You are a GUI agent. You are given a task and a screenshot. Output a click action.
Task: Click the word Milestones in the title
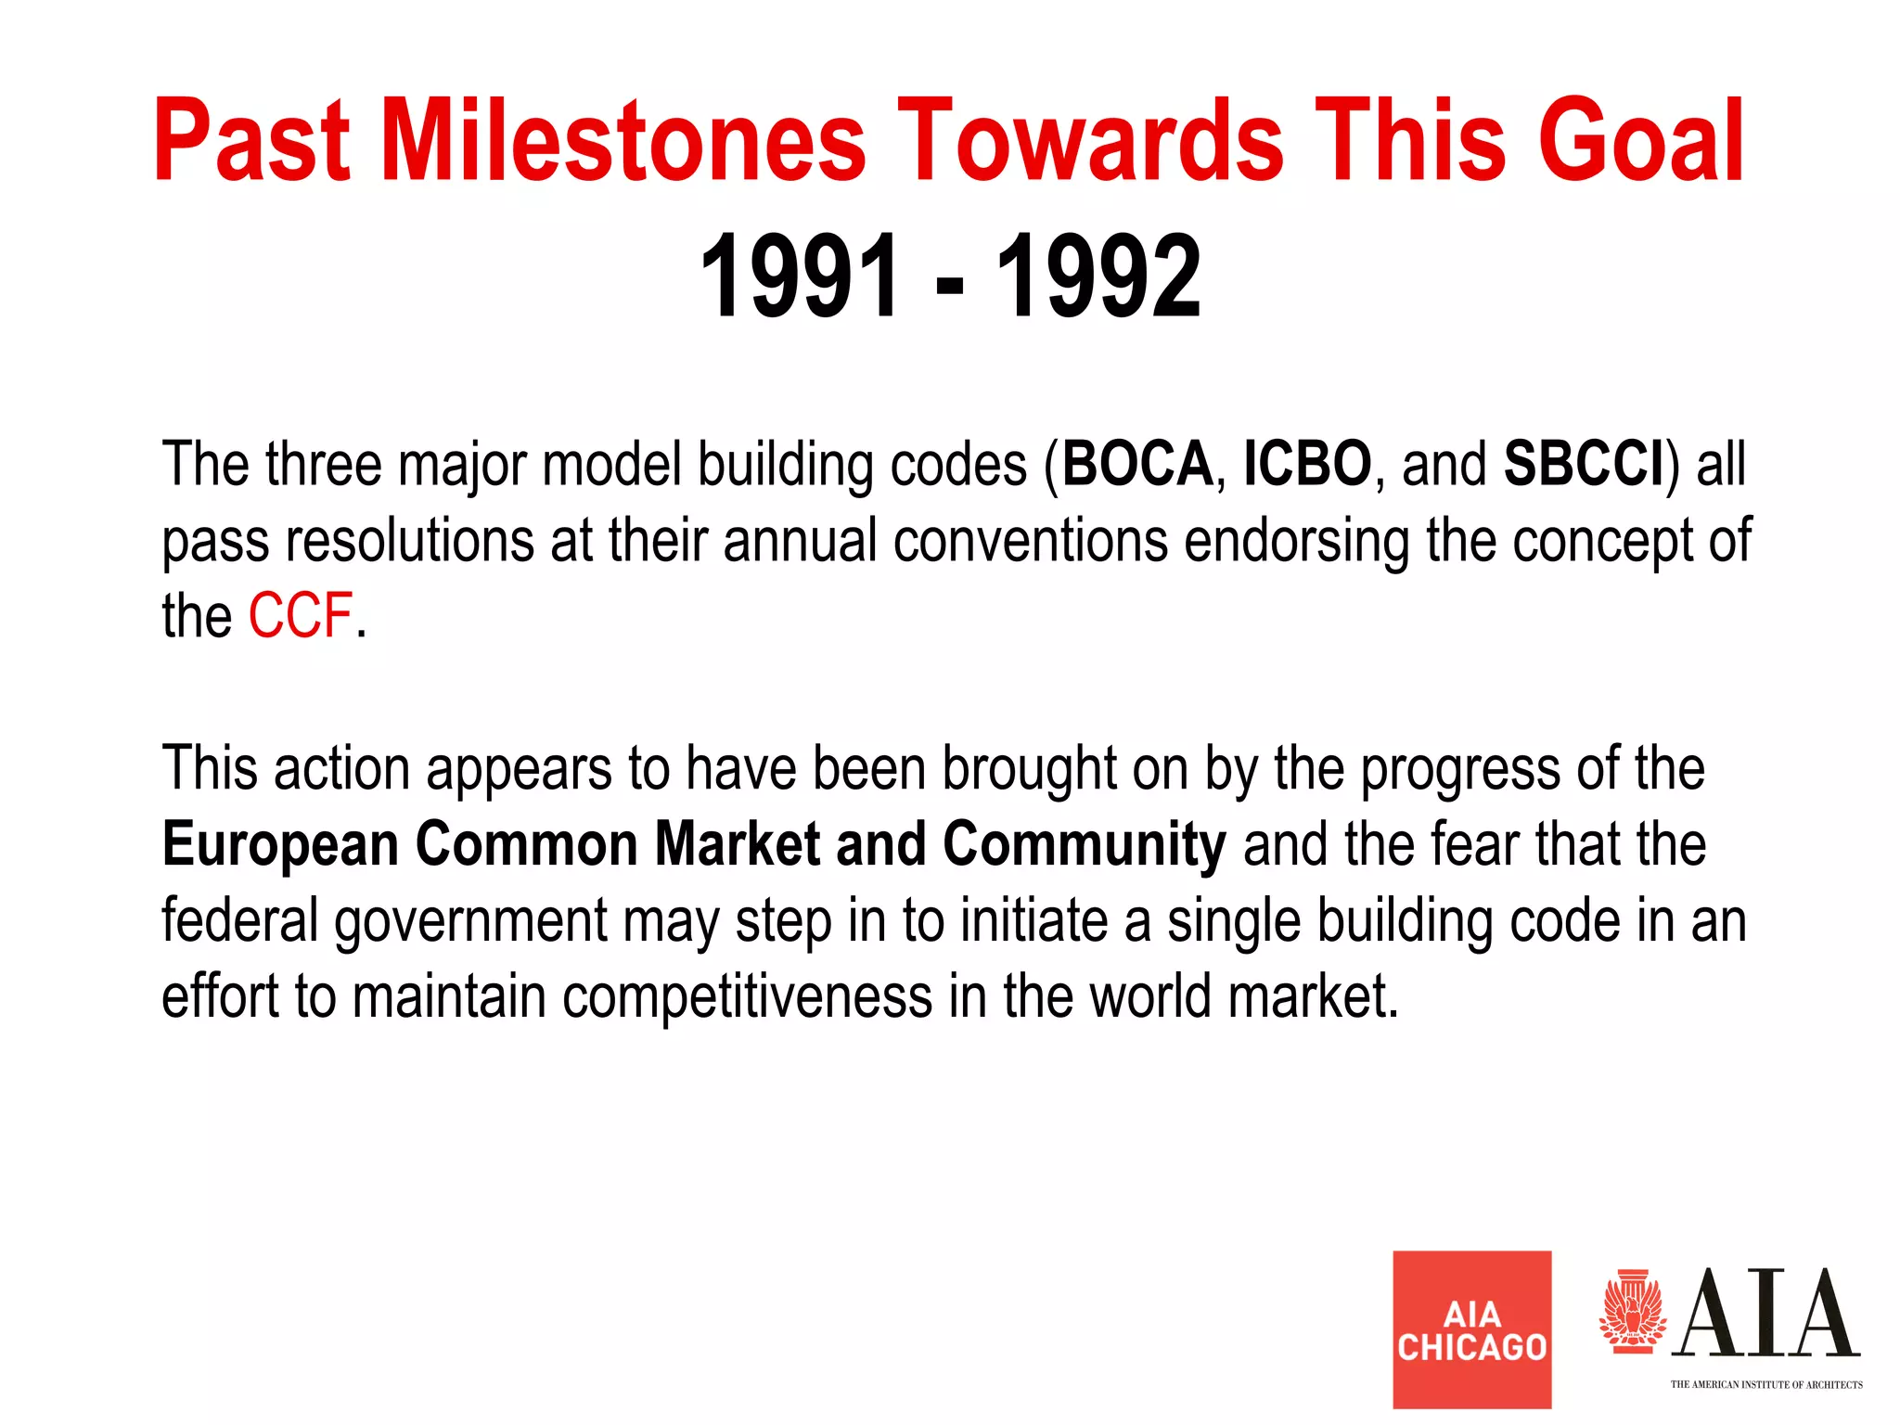623,141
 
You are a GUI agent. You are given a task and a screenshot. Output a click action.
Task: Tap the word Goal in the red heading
1641,141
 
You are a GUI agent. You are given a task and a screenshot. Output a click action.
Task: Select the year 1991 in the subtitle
800,276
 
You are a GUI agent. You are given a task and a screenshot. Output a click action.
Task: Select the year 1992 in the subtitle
1098,276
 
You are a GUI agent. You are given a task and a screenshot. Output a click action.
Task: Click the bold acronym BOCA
1136,464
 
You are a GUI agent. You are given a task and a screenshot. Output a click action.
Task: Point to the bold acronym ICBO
1306,464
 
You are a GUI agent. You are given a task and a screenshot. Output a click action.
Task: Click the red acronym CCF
300,616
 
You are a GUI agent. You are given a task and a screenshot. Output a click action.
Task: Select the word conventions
1030,541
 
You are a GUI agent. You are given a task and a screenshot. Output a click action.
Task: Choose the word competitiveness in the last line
747,997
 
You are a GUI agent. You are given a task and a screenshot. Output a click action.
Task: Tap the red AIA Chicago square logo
1471,1329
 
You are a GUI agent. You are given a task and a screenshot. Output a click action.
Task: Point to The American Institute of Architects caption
1765,1384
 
